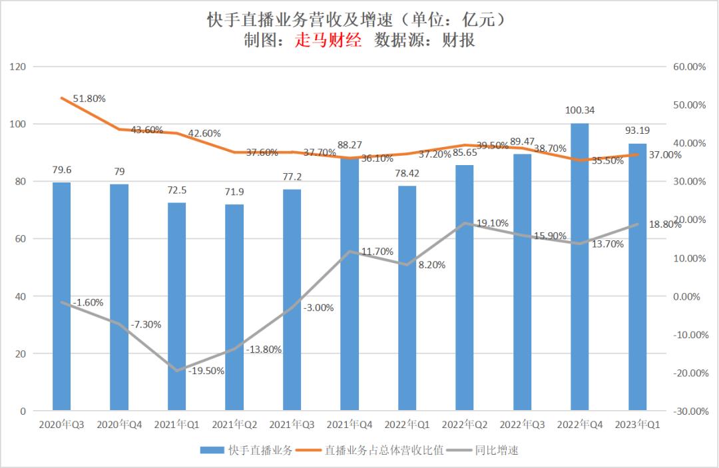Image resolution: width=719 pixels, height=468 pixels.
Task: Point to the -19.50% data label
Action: tap(206, 371)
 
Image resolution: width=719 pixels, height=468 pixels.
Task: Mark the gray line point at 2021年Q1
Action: tap(177, 371)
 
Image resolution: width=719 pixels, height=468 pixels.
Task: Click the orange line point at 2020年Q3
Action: tap(62, 98)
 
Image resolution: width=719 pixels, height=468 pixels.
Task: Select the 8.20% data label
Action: tap(431, 264)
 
